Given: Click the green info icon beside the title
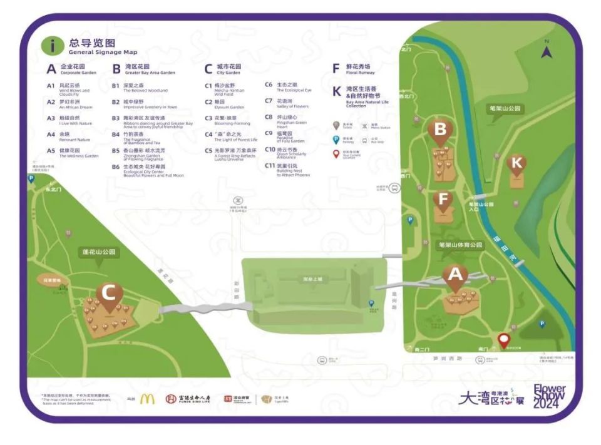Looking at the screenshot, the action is point(53,46).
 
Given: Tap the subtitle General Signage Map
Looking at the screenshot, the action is point(103,52).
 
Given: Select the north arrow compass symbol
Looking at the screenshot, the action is point(547,50).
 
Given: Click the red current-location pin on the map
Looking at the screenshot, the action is point(503,340).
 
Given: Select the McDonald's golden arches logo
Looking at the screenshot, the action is point(147,399).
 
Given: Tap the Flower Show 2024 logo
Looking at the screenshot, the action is point(549,397).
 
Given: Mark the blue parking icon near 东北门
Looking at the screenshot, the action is point(31,178).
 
